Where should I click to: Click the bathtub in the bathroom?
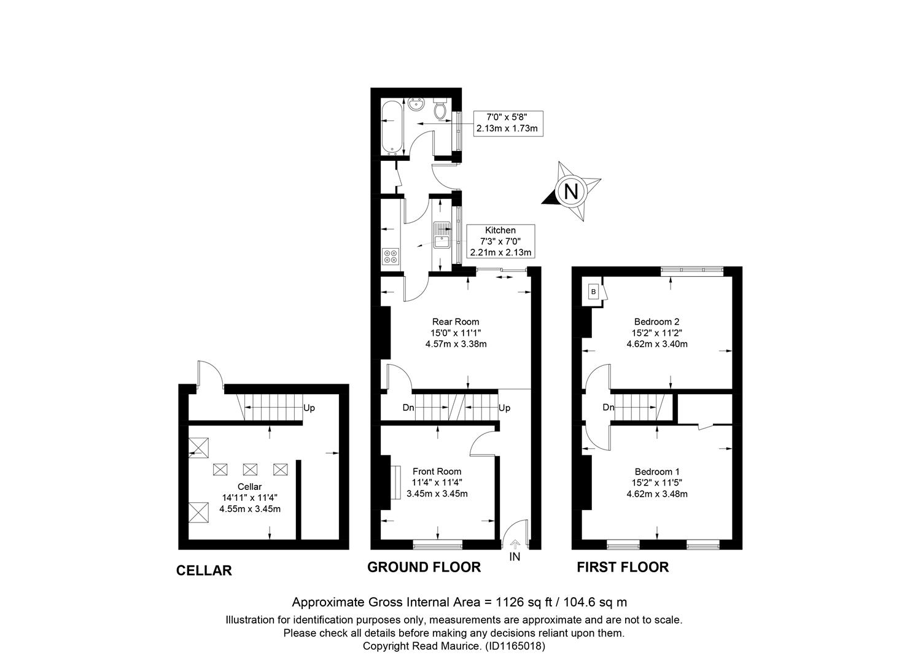(x=392, y=128)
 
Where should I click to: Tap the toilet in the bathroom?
(x=440, y=109)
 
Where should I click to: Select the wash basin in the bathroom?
(x=416, y=106)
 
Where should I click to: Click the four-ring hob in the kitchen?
(x=390, y=256)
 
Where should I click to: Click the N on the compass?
(x=571, y=191)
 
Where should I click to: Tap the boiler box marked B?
(x=593, y=292)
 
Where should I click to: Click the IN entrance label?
(x=515, y=556)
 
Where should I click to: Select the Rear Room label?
(x=455, y=322)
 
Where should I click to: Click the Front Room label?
(x=437, y=471)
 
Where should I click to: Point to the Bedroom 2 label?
(x=656, y=322)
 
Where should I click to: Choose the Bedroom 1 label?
(x=656, y=471)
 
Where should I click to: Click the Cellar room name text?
(x=249, y=486)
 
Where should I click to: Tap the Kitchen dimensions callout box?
(x=500, y=241)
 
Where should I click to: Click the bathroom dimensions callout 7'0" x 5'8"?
(x=508, y=123)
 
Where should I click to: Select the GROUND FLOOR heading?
(x=424, y=567)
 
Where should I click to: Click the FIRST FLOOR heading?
(x=623, y=567)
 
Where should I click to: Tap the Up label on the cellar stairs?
(x=309, y=408)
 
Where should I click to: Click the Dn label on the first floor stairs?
(x=608, y=407)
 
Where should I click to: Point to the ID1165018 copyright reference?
(x=515, y=646)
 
